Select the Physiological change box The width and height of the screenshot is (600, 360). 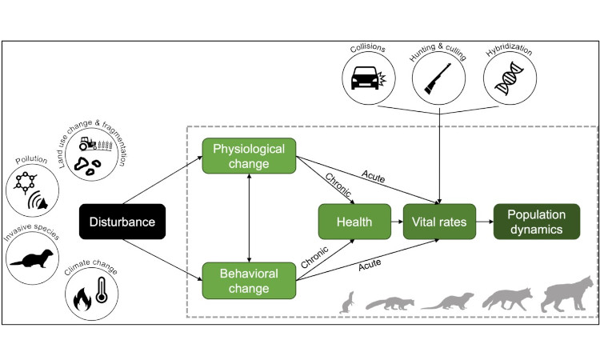tap(249, 155)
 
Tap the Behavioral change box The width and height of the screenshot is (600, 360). tap(249, 280)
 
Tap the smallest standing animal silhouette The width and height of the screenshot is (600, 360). tap(347, 302)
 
